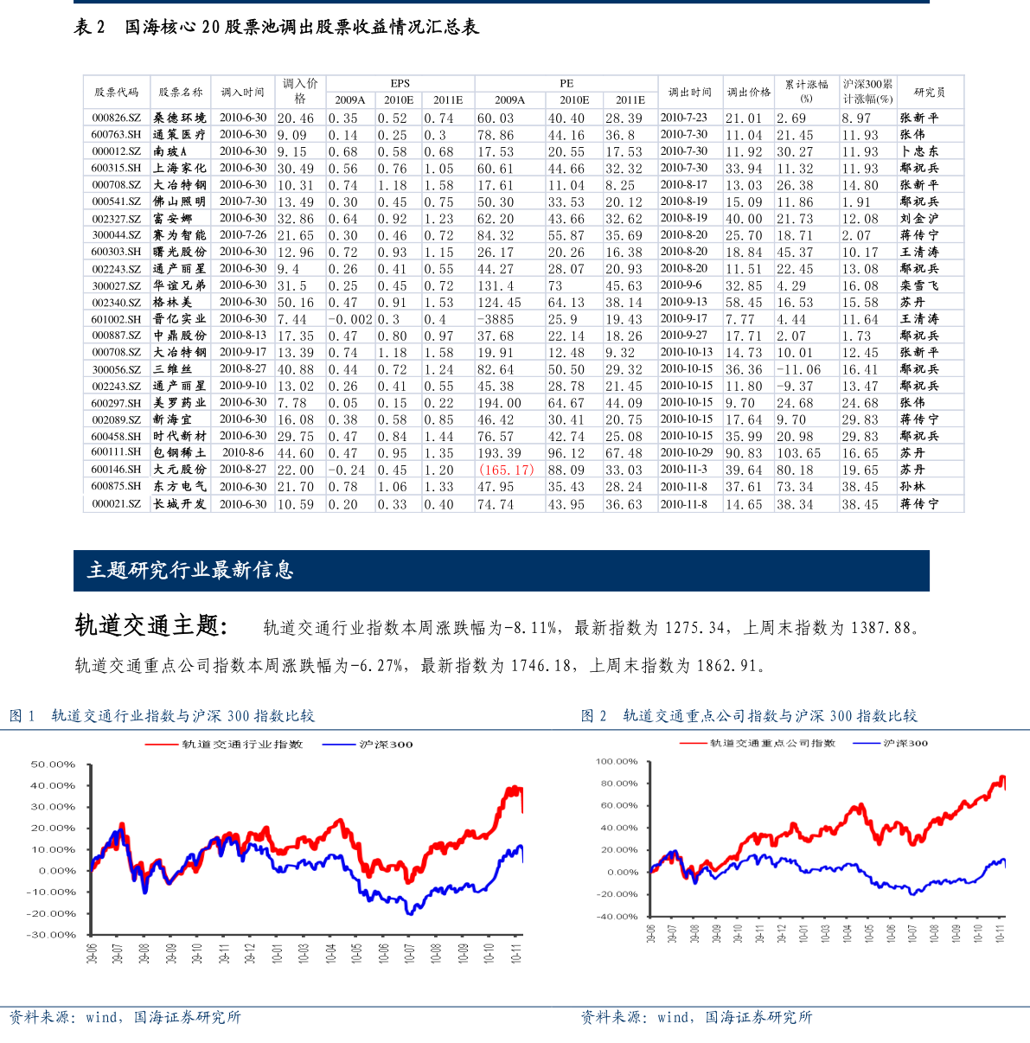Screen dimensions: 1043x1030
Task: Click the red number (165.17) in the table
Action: [507, 470]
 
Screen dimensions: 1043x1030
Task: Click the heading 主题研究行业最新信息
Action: [190, 570]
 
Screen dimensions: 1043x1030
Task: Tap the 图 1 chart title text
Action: [163, 716]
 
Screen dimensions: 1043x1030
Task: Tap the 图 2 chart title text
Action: [750, 716]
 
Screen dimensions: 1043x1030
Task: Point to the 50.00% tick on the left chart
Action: [54, 765]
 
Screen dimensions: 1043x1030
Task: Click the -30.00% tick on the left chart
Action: [52, 935]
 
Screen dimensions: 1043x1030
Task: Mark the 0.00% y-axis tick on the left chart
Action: [57, 871]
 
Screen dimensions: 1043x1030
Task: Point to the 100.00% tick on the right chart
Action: [617, 762]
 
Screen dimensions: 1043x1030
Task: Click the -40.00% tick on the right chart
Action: [617, 917]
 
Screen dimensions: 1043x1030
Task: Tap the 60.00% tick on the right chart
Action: [619, 806]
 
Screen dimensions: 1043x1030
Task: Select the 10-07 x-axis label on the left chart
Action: [410, 952]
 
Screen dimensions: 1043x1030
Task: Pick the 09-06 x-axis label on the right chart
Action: [651, 933]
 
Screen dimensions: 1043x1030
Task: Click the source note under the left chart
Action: [125, 1018]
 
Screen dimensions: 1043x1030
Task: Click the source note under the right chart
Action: [697, 1018]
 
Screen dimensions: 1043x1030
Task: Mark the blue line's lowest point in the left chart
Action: [410, 914]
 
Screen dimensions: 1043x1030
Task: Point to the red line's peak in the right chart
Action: [1002, 777]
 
